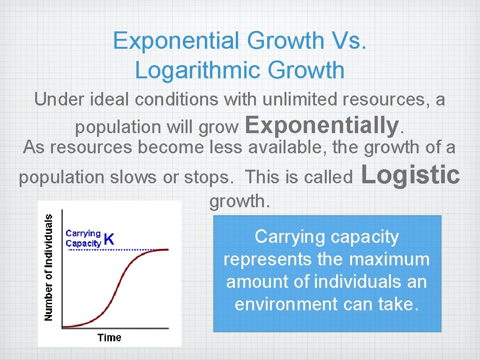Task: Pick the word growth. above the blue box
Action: coord(240,202)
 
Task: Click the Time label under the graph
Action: coord(109,337)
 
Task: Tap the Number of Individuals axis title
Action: coord(49,265)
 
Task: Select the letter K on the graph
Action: coord(109,239)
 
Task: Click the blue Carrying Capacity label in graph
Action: coord(83,238)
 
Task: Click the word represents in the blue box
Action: coord(267,259)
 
